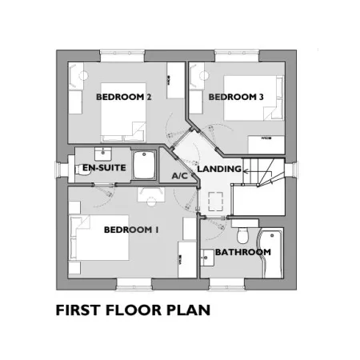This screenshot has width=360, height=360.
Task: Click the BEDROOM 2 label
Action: coord(124,97)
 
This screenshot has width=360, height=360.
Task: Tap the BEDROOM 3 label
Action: coord(236,97)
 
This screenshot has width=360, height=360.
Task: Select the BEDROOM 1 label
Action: coord(131,230)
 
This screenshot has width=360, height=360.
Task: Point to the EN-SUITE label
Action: coord(104,168)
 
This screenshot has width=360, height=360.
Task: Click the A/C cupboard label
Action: coord(180,176)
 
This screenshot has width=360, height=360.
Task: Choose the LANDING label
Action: coord(219,169)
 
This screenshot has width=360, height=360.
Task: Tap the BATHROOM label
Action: coord(243,252)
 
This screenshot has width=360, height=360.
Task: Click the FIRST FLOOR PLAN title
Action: coord(133,310)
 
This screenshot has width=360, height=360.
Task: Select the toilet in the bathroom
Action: coord(242,235)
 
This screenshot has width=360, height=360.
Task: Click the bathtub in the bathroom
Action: coord(270,253)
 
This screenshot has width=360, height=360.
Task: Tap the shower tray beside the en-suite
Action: coord(144,165)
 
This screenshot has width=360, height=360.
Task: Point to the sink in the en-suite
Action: coord(103,154)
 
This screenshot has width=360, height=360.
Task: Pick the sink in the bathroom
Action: coord(207,258)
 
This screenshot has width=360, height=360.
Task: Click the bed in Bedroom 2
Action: coord(123,112)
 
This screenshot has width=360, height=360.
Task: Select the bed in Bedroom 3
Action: coord(254,98)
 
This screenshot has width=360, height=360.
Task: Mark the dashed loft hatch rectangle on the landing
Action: coord(215,202)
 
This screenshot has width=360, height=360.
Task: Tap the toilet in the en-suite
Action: coord(82,170)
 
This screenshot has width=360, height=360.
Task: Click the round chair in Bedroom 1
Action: coord(151,202)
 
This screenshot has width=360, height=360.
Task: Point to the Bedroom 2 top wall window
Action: coord(122,55)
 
